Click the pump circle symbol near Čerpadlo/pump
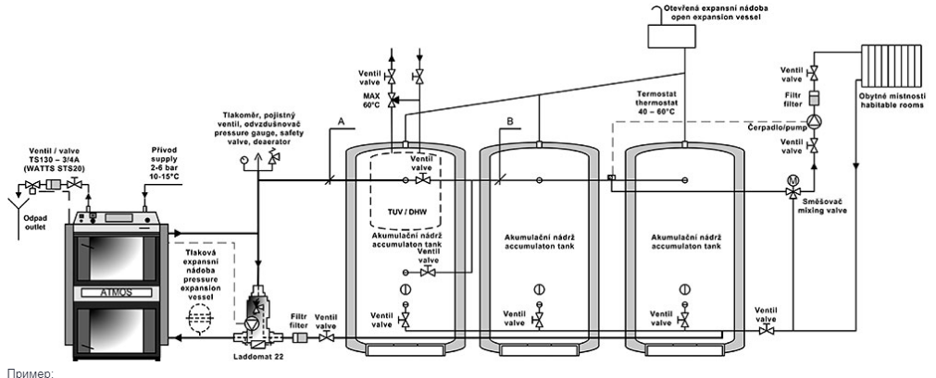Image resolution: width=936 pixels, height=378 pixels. coord(813,120)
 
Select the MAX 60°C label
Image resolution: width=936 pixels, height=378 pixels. coord(371,99)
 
